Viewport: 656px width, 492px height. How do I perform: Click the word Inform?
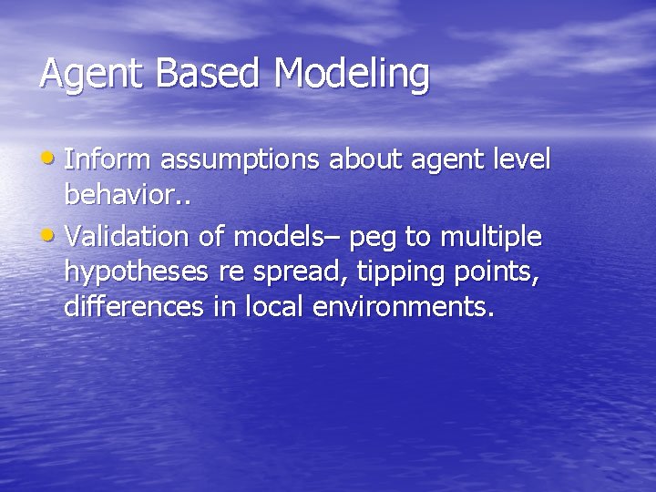[109, 159]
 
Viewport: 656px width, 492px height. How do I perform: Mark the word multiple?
[493, 239]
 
